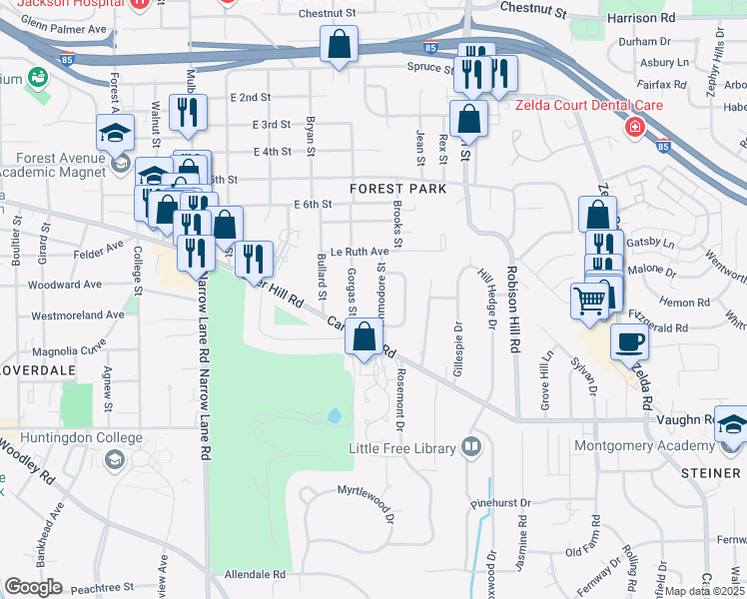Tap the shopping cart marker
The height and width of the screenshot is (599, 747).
[x=590, y=299]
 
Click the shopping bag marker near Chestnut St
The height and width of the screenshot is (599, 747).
[x=339, y=44]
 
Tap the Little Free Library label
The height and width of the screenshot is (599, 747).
[x=400, y=448]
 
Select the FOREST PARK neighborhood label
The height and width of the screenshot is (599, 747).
[x=396, y=189]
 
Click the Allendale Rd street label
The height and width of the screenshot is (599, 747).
[x=255, y=575]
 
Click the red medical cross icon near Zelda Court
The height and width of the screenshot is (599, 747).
[x=633, y=128]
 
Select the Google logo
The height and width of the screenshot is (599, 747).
[x=33, y=586]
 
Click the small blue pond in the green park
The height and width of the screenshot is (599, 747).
[x=334, y=414]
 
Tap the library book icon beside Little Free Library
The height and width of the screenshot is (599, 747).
[x=472, y=447]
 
